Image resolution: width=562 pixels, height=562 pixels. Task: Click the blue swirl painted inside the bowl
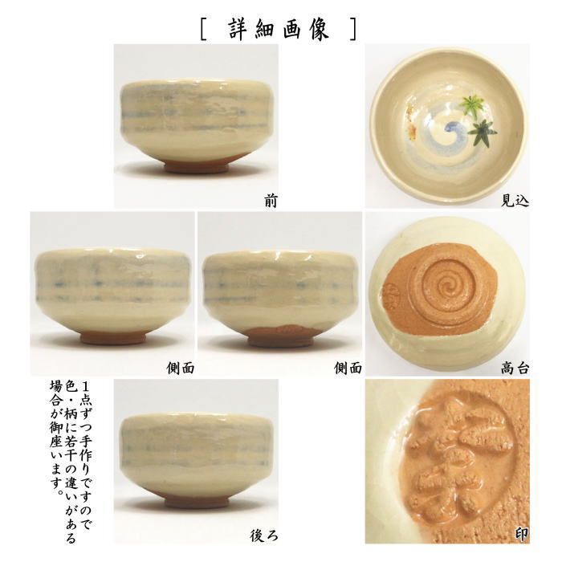(441, 132)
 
